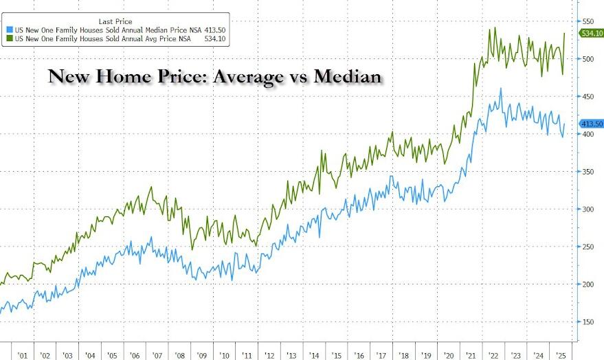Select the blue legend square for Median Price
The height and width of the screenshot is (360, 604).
coord(9,30)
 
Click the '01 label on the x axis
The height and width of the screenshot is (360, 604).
coord(23,355)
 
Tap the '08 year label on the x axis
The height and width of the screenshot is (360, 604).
coord(179,355)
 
